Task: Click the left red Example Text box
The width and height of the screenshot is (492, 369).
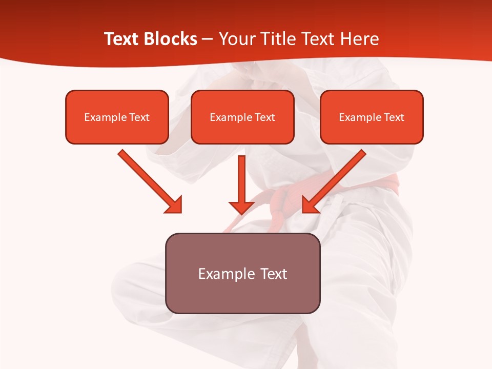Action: click(x=117, y=117)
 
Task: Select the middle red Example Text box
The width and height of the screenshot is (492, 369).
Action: click(x=242, y=117)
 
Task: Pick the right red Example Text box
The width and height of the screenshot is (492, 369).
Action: click(x=372, y=117)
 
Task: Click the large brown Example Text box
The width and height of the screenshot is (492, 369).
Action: click(x=242, y=273)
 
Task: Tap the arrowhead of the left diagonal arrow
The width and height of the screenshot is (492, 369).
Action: click(x=174, y=205)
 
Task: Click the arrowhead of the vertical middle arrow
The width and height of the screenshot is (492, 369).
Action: click(x=241, y=207)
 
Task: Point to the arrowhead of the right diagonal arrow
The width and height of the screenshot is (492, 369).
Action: click(x=310, y=205)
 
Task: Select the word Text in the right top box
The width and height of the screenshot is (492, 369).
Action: click(x=394, y=117)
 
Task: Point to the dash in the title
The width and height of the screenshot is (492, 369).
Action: click(x=208, y=39)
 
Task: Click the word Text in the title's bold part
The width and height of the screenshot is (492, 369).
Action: click(x=122, y=39)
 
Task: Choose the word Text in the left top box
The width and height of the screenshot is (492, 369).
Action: click(x=139, y=117)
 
